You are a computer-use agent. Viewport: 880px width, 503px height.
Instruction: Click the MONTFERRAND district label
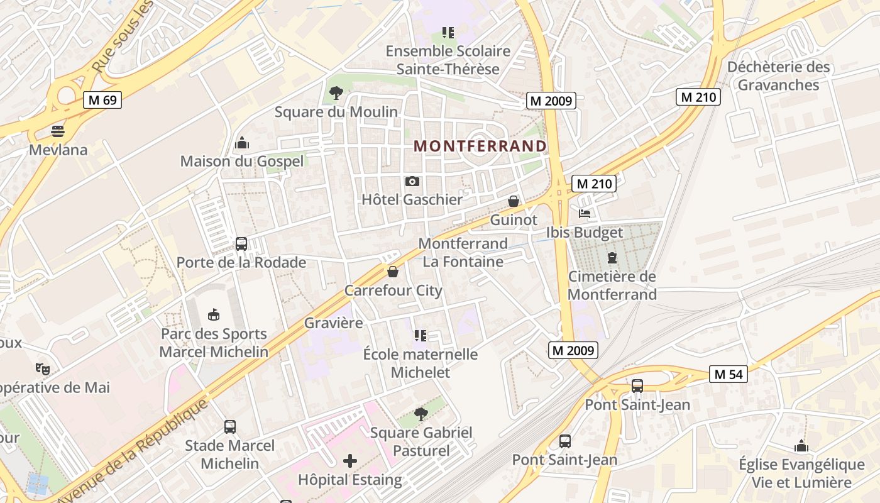(480, 146)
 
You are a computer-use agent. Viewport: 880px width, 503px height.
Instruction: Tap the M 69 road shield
(102, 100)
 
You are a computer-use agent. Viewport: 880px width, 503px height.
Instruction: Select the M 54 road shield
(729, 374)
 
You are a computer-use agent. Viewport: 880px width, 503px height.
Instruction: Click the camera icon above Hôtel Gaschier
(412, 182)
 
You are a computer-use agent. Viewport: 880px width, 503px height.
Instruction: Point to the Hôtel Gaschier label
(412, 199)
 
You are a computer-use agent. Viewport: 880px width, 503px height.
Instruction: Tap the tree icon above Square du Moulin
(336, 94)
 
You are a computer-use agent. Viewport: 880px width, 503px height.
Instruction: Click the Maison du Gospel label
(242, 161)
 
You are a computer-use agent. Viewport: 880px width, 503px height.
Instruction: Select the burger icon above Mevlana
(58, 131)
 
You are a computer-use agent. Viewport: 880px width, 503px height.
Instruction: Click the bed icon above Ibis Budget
(585, 214)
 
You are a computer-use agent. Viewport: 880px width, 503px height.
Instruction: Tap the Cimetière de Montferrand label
(612, 285)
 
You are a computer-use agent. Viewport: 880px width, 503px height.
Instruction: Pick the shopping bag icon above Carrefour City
(393, 272)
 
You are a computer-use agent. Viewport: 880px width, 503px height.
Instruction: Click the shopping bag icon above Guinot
(514, 201)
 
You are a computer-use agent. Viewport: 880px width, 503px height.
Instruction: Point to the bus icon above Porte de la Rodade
(241, 244)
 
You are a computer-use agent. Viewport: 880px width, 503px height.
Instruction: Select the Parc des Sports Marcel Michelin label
(214, 343)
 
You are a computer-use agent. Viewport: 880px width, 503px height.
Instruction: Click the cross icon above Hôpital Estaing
(350, 462)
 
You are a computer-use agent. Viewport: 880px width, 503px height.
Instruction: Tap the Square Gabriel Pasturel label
(421, 441)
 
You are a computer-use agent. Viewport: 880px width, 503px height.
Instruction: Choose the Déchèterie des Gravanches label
(778, 76)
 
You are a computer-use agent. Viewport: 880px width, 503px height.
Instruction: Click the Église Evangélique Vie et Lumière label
(801, 473)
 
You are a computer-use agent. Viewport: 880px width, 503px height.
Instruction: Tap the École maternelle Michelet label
(421, 363)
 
